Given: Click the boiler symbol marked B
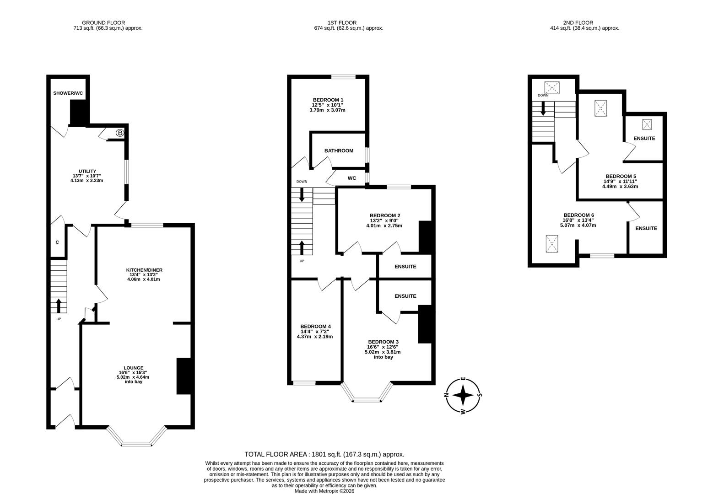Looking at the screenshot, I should tap(120, 133).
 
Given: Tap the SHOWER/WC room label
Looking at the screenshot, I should tap(68, 93).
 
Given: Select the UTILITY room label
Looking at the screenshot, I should tap(87, 171).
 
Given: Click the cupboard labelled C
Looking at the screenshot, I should tap(57, 242).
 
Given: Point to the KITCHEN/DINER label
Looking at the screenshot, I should tap(144, 270).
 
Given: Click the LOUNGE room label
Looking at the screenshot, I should tap(133, 368).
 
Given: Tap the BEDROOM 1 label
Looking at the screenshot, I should tap(328, 100).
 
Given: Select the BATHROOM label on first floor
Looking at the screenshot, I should tap(339, 150).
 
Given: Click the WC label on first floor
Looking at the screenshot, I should tap(352, 178).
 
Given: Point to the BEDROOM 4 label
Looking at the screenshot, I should tap(315, 326).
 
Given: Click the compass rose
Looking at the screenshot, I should tap(464, 395).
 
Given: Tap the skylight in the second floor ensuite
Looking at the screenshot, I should tap(647, 124).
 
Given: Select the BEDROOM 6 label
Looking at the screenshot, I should tap(578, 215).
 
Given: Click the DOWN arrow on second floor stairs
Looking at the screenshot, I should tap(543, 109).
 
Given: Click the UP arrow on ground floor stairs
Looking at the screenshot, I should tap(59, 305).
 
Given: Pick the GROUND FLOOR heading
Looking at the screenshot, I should tap(103, 22).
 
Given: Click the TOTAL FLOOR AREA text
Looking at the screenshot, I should tap(324, 454).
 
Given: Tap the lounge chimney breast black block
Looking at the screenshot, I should tap(184, 376).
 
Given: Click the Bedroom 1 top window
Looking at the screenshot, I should tap(343, 77).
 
